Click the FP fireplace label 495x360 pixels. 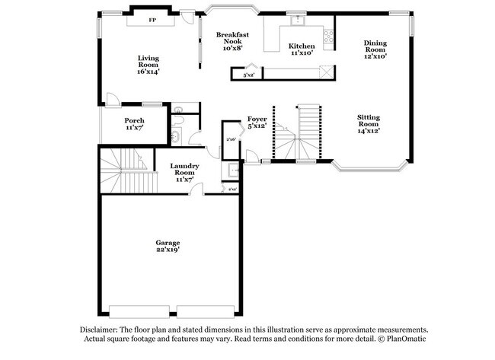pyautogui.click(x=152, y=21)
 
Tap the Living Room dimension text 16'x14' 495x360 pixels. pyautogui.click(x=148, y=72)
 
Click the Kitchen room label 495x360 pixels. pyautogui.click(x=302, y=46)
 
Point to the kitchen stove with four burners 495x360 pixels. pyautogui.click(x=328, y=35)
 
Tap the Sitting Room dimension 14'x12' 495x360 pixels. pyautogui.click(x=369, y=130)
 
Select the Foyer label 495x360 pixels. pyautogui.click(x=256, y=119)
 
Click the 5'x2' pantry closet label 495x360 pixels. pyautogui.click(x=247, y=75)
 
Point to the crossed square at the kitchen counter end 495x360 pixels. pyautogui.click(x=326, y=73)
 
